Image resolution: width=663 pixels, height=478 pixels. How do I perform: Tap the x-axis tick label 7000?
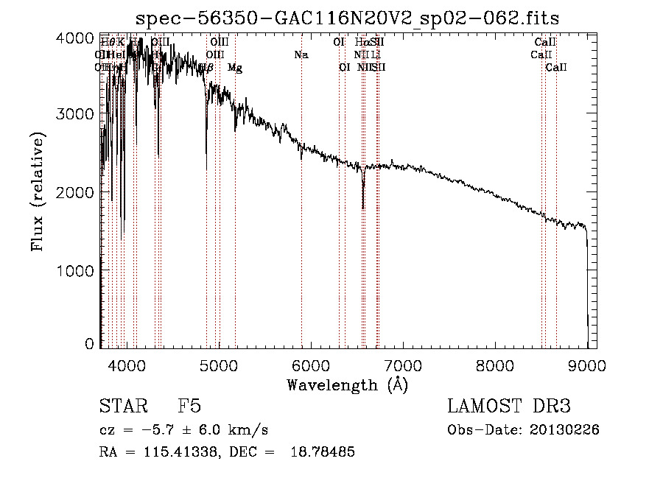coord(403,365)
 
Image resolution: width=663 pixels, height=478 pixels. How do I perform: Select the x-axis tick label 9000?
coord(587,365)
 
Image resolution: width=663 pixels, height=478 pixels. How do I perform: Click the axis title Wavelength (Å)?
coord(347,384)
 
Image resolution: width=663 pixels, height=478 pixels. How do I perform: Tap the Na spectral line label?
coord(301,55)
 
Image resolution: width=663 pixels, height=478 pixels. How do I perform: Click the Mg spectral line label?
coord(234,68)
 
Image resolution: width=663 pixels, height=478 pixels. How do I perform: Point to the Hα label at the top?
coord(362,42)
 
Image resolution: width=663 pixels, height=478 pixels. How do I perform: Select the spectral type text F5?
coord(189,407)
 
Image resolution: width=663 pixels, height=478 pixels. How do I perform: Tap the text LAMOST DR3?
coord(508,407)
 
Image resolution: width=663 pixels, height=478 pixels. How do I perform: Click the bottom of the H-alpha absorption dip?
coord(363,207)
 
